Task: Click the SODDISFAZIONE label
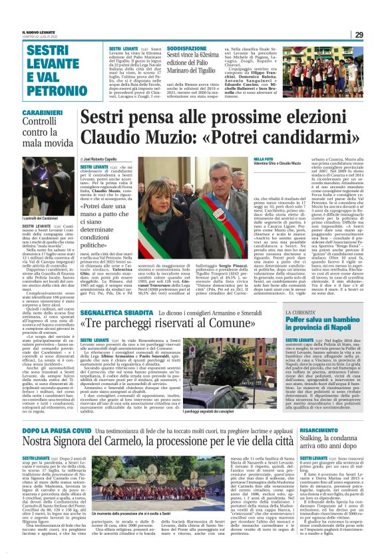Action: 187,49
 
